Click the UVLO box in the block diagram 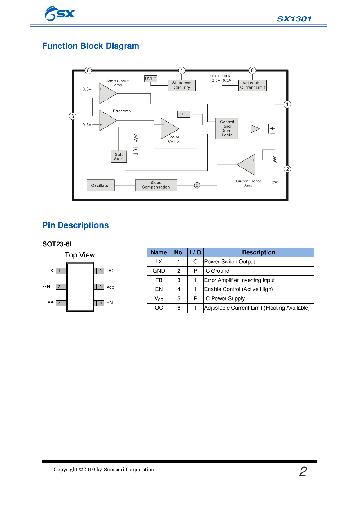click(151, 79)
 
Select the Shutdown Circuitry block click(182, 85)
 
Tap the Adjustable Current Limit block click(252, 85)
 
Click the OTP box click(184, 114)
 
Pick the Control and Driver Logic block click(227, 129)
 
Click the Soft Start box click(119, 157)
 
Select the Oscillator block click(100, 185)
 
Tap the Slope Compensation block click(156, 185)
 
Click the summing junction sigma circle click(197, 185)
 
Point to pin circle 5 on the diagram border click(89, 70)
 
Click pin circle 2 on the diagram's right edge click(287, 169)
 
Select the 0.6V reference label click(87, 125)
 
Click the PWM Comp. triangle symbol click(169, 129)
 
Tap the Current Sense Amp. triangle click(248, 165)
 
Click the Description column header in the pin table click(259, 252)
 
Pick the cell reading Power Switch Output click(230, 262)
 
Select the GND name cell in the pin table click(159, 271)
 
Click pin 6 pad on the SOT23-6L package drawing click(100, 271)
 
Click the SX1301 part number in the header click(294, 19)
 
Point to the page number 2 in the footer click(303, 471)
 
